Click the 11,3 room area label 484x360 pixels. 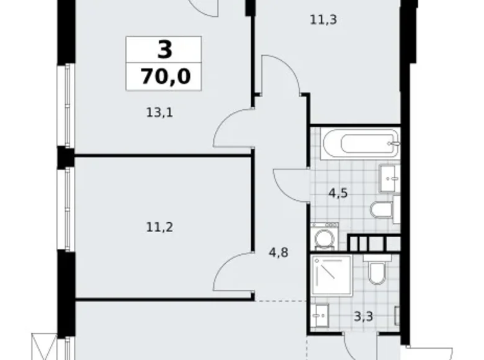323,19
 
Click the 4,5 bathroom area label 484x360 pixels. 338,192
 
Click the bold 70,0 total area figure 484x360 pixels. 164,78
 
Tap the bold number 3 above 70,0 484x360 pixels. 164,50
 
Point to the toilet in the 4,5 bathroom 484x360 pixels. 381,209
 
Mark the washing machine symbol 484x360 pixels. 323,238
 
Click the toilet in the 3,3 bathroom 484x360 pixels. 377,271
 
